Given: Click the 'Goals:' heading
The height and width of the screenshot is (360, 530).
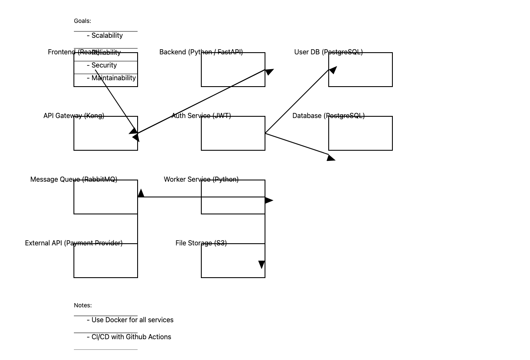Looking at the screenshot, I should click(82, 21).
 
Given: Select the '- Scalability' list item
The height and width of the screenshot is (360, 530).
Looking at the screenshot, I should click(105, 36).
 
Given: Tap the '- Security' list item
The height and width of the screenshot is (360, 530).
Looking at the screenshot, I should click(102, 65).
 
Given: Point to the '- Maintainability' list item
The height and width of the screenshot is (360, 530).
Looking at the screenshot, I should click(111, 78).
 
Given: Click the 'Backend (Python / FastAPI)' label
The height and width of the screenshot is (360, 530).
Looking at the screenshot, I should click(201, 52).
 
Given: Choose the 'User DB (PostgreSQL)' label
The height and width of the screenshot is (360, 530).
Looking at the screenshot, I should click(328, 52).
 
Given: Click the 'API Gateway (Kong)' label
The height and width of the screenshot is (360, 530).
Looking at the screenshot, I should click(73, 116).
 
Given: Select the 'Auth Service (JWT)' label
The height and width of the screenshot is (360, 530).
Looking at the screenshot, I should click(201, 116).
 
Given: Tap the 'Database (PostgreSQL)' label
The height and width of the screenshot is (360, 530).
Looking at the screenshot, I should click(328, 116).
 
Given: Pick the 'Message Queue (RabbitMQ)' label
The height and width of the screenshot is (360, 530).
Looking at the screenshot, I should click(73, 180).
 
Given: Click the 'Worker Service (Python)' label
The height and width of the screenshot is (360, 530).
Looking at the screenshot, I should click(201, 180).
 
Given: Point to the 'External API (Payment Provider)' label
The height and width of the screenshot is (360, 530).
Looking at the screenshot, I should click(73, 243).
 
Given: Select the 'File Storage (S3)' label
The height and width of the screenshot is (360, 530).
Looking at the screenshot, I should click(201, 243).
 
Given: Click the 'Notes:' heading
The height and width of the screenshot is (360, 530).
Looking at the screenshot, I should click(83, 305).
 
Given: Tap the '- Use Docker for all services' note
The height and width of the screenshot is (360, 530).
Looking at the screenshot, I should click(130, 320).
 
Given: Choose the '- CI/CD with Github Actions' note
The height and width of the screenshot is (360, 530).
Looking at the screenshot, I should click(129, 337).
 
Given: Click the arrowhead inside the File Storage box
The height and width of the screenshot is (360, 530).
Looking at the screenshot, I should click(262, 264).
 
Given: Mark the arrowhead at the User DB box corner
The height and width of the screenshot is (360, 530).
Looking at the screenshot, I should click(333, 70).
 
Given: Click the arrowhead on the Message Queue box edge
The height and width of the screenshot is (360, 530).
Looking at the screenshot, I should click(141, 194).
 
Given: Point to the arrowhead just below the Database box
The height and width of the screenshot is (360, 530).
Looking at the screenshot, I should click(331, 158).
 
